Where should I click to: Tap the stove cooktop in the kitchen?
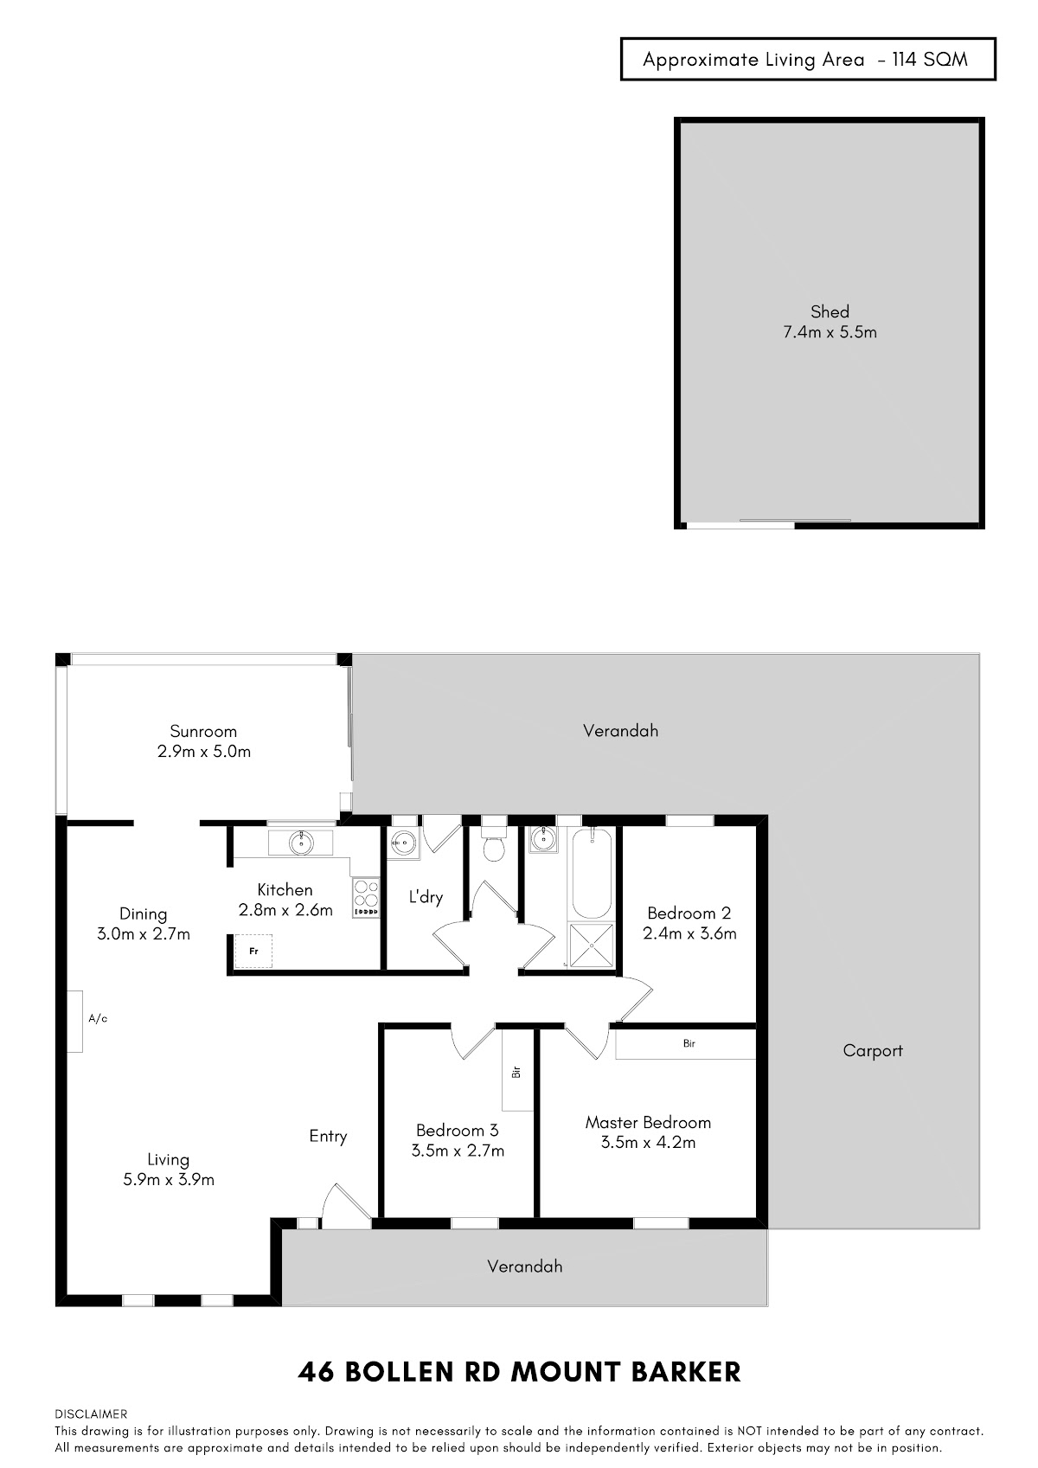pos(366,897)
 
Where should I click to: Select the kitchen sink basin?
pos(301,843)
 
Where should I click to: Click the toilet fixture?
pos(493,845)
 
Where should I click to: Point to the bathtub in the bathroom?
pos(592,874)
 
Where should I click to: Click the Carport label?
pos(872,1050)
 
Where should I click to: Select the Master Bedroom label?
pos(648,1123)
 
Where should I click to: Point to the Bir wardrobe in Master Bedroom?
pos(685,1044)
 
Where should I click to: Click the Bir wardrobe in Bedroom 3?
pos(517,1070)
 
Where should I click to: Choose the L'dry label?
pos(426,896)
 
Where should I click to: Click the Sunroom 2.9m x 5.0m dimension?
pos(204,752)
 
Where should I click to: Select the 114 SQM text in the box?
pos(930,60)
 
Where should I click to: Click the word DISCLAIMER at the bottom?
pos(91,1414)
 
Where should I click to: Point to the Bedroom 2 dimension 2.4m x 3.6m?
pos(689,933)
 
